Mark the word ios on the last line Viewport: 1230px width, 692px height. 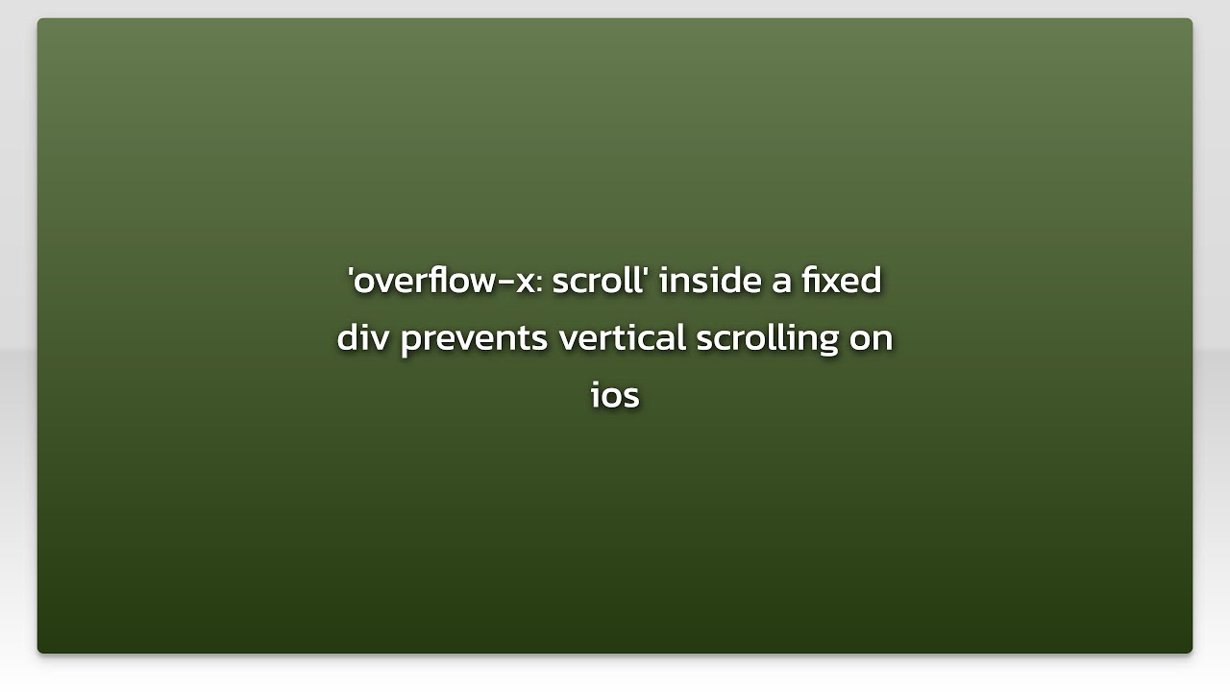tap(615, 396)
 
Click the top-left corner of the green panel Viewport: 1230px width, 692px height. tap(39, 20)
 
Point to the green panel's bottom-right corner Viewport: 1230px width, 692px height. tap(1191, 652)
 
